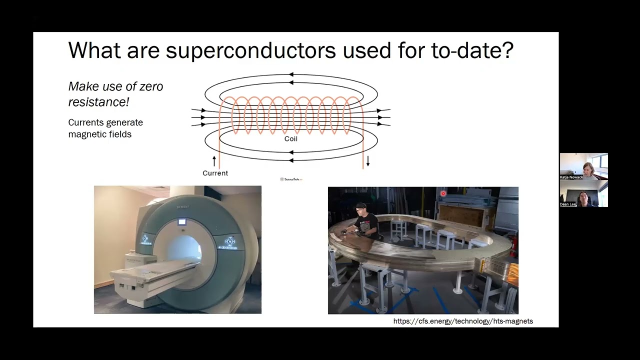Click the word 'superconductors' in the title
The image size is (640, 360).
coord(250,50)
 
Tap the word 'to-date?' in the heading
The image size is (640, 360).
coord(472,50)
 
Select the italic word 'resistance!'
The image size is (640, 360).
coord(98,102)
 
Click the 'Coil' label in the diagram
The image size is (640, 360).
coord(290,139)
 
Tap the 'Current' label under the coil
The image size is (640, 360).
coord(215,173)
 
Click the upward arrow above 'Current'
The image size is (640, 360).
coord(214,161)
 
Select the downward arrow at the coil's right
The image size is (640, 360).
coord(368,161)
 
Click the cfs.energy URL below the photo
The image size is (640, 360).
coord(463,321)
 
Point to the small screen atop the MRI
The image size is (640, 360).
coord(181,222)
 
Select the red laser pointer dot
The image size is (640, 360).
coord(443,193)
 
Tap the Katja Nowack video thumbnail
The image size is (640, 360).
coord(583,166)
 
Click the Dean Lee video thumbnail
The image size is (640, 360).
coord(583,193)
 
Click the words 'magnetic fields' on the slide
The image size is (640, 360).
coord(99,134)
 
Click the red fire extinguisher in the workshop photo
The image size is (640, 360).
coord(514,245)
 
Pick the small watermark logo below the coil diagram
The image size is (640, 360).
coord(291,179)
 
